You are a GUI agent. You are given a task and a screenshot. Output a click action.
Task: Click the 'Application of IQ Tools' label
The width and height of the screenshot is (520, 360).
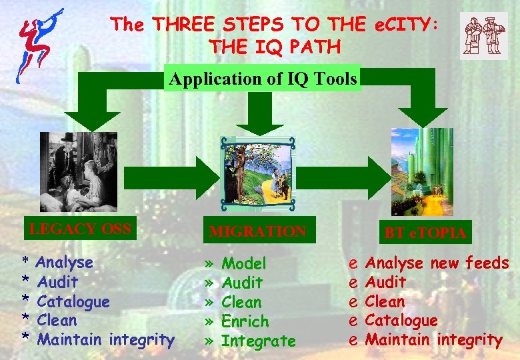click(263, 79)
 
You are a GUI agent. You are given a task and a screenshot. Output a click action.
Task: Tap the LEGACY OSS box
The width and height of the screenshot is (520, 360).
click(80, 228)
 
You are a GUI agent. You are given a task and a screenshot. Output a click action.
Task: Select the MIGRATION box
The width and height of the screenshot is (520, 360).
click(257, 232)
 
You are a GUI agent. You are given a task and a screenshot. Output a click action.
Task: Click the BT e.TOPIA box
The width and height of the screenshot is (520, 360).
click(425, 233)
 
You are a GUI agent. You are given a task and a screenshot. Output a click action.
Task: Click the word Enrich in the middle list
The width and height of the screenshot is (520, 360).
click(245, 321)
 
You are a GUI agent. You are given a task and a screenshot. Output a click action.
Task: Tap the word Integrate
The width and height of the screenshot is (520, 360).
click(258, 341)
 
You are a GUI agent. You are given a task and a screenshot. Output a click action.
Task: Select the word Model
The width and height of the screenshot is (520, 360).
click(244, 264)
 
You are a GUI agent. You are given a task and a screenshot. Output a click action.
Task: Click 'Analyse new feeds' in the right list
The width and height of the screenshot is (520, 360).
click(437, 263)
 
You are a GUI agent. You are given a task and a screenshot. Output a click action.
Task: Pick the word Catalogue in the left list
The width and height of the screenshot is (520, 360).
click(73, 301)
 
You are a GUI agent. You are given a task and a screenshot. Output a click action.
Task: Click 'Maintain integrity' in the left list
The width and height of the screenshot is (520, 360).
click(106, 340)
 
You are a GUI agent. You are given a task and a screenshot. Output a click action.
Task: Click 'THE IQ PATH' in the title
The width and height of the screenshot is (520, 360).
click(275, 47)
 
